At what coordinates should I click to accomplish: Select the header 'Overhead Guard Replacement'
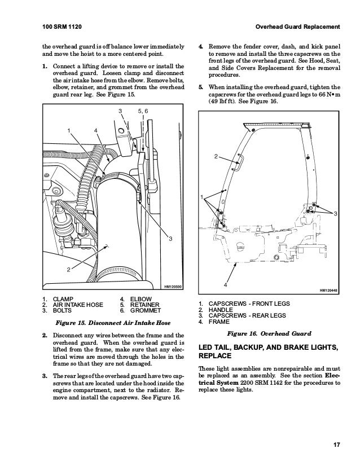(x=297, y=27)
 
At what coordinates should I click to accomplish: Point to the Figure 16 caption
(x=270, y=333)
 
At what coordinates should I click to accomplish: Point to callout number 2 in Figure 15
(x=69, y=269)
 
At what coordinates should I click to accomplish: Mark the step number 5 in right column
(x=201, y=87)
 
